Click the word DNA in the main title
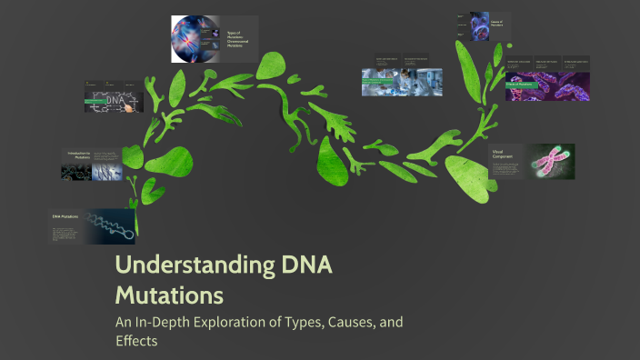click(303, 267)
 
